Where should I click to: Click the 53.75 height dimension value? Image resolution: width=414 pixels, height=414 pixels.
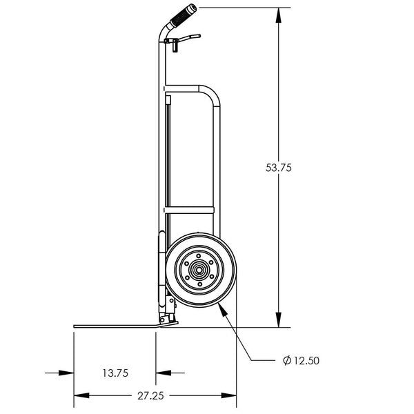(279, 167)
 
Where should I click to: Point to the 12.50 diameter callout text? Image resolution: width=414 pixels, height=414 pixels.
(306, 360)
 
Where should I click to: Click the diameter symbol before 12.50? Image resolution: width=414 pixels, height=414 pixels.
(286, 360)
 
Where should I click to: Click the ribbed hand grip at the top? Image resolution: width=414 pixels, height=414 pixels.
(184, 15)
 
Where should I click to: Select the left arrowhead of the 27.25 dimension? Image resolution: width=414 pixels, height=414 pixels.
(77, 395)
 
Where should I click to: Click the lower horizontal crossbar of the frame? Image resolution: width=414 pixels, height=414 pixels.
(190, 208)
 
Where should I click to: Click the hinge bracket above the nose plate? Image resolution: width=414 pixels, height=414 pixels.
(168, 314)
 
